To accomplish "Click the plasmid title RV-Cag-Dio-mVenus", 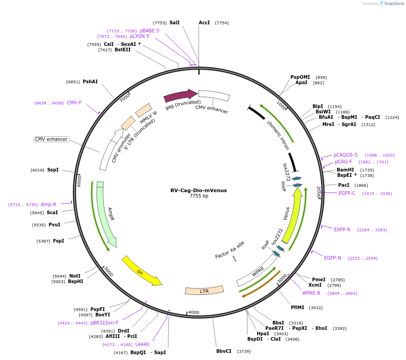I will [198, 190].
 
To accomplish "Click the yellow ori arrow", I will [142, 272].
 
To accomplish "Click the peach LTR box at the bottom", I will [204, 291].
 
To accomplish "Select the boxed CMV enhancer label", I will [51, 139].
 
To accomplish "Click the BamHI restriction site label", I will [345, 170].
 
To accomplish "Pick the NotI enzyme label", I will [75, 276].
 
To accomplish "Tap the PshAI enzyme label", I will [90, 81].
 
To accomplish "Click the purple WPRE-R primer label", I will [311, 293].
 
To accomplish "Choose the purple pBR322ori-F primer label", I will [104, 323].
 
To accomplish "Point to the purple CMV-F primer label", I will [74, 103].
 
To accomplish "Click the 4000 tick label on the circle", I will [193, 312].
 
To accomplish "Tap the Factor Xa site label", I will [230, 250].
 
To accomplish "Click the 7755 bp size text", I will [198, 196].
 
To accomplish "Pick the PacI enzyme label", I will [344, 185].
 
